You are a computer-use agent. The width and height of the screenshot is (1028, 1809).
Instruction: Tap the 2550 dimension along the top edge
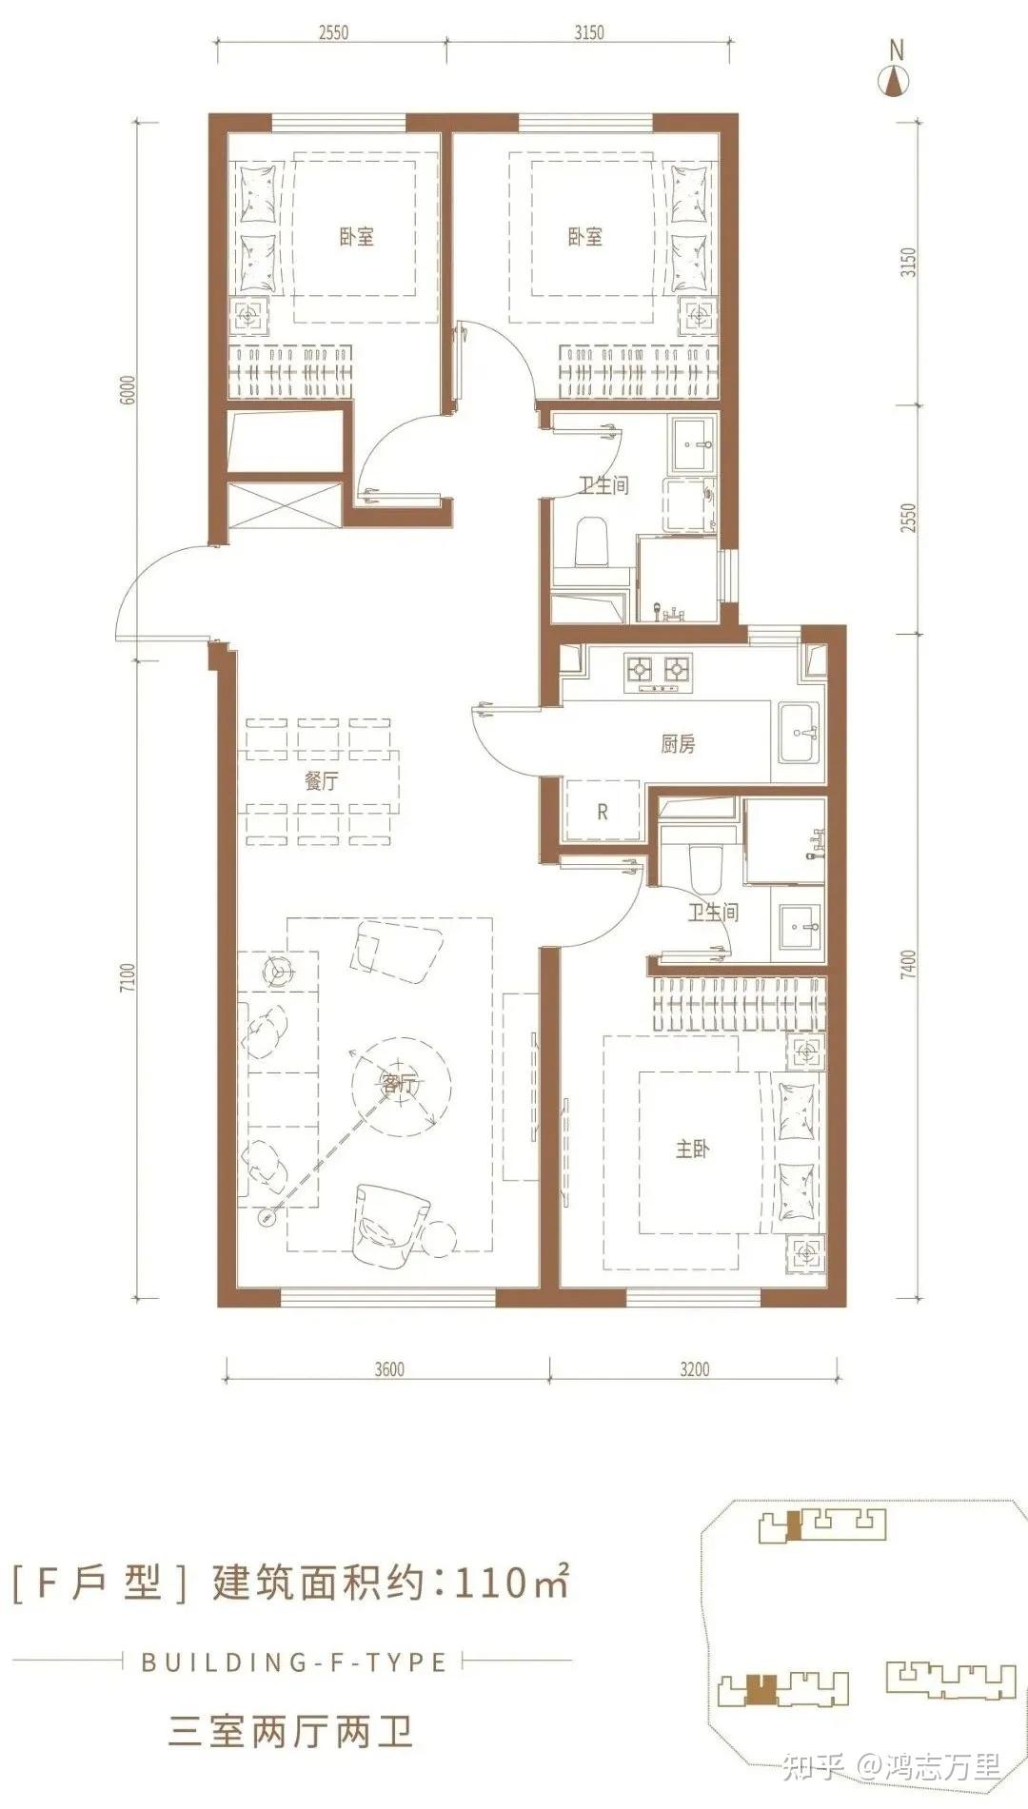(334, 32)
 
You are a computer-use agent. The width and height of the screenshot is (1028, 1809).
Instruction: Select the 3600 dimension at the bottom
(389, 1369)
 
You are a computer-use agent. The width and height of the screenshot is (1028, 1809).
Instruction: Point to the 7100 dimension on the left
(129, 979)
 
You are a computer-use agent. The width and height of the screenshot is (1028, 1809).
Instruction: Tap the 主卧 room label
(693, 1150)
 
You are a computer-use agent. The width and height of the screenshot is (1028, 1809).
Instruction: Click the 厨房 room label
(678, 744)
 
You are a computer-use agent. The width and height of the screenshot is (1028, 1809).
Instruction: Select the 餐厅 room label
(322, 781)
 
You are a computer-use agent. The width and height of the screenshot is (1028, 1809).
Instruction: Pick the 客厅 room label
(398, 1083)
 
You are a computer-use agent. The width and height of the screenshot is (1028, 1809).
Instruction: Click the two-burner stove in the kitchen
(657, 671)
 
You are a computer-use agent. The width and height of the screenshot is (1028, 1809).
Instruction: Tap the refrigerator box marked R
(602, 812)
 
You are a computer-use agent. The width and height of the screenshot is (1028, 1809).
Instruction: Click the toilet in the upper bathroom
(592, 541)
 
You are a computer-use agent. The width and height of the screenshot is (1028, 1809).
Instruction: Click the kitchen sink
(799, 733)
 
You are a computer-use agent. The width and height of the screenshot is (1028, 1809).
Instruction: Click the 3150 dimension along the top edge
(589, 32)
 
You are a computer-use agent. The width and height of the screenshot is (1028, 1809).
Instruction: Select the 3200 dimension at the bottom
(695, 1369)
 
